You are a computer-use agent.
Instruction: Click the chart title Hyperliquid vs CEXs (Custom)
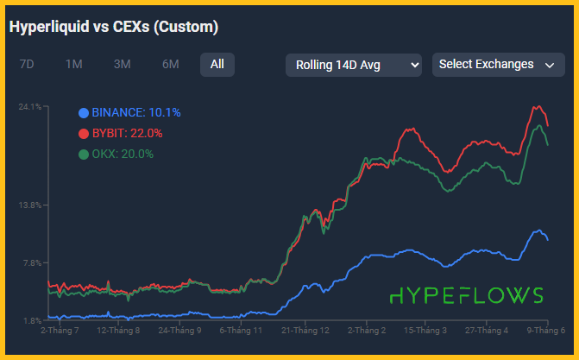pyautogui.click(x=114, y=28)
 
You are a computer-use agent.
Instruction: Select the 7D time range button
pyautogui.click(x=27, y=64)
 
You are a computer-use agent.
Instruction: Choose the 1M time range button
pyautogui.click(x=74, y=64)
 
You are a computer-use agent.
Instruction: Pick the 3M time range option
pyautogui.click(x=122, y=64)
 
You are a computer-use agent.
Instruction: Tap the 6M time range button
pyautogui.click(x=170, y=64)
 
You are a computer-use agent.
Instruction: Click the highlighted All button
pyautogui.click(x=217, y=64)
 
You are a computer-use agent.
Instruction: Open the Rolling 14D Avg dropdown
pyautogui.click(x=353, y=65)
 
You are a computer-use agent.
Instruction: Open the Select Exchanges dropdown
pyautogui.click(x=494, y=65)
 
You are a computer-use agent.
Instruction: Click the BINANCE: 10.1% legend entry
pyautogui.click(x=129, y=112)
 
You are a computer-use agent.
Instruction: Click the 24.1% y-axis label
pyautogui.click(x=30, y=107)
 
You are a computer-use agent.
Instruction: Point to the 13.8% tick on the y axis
pyautogui.click(x=30, y=205)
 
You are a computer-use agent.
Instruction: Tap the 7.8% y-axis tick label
pyautogui.click(x=32, y=263)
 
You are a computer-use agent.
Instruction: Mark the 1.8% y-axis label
pyautogui.click(x=32, y=320)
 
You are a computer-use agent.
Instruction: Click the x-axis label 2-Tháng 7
pyautogui.click(x=60, y=330)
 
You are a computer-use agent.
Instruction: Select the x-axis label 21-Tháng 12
pyautogui.click(x=305, y=330)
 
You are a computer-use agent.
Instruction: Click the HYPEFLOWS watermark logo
pyautogui.click(x=467, y=295)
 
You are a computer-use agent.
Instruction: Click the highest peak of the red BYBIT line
pyautogui.click(x=538, y=107)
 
